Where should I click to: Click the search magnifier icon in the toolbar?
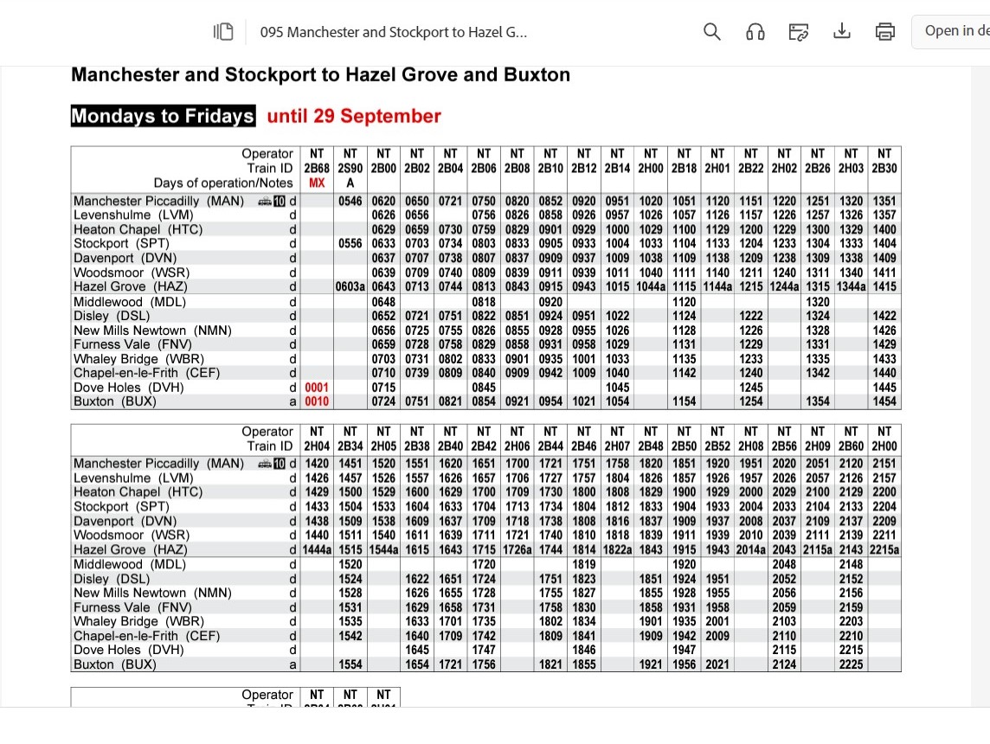(x=712, y=32)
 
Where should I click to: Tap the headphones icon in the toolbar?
(x=755, y=32)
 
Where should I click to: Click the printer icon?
(x=884, y=32)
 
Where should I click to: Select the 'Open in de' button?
(x=955, y=31)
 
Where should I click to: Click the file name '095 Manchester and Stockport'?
(x=393, y=33)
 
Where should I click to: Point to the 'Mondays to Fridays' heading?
(x=163, y=116)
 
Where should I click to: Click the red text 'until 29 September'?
(x=354, y=116)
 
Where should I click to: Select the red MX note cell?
(x=317, y=183)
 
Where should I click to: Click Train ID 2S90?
(x=350, y=168)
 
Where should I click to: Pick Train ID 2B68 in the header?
(x=317, y=168)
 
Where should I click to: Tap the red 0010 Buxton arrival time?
(x=317, y=401)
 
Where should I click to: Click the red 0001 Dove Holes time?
(x=317, y=388)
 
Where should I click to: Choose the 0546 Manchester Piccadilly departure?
(x=350, y=201)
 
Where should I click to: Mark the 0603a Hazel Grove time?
(x=352, y=286)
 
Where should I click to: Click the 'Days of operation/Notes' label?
(x=223, y=183)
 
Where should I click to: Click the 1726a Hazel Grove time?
(x=517, y=549)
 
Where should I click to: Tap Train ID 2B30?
(x=884, y=168)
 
